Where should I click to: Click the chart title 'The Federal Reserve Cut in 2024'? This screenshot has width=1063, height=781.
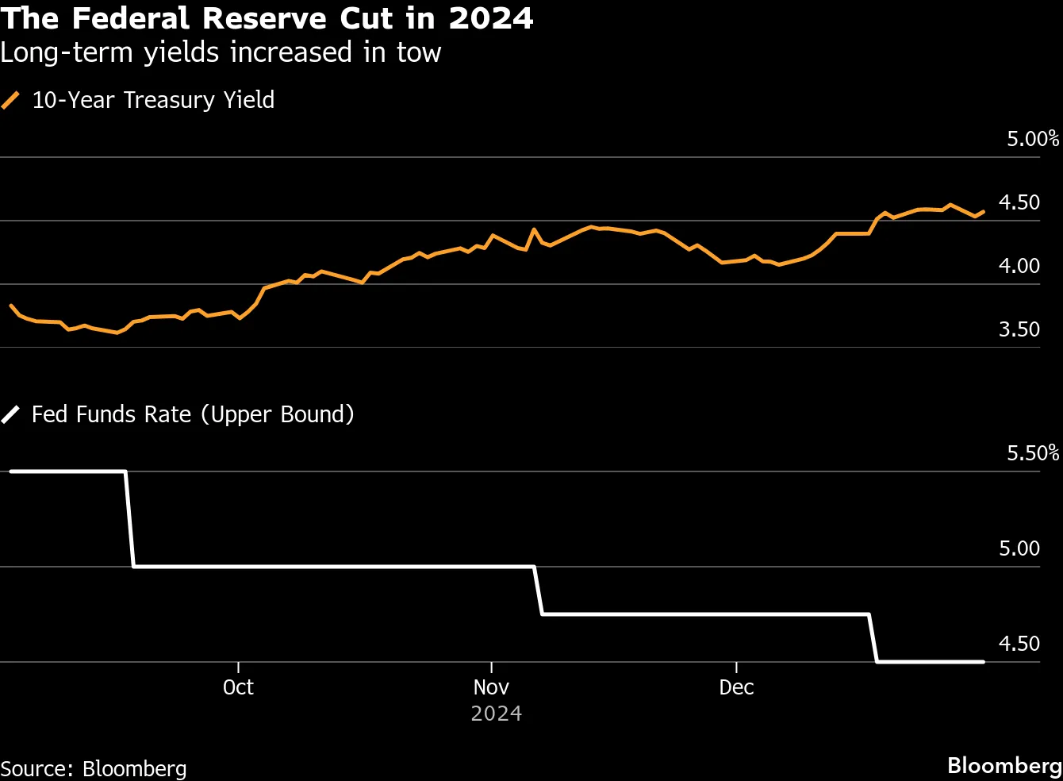tap(267, 17)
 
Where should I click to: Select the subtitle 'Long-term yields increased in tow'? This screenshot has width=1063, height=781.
tap(221, 52)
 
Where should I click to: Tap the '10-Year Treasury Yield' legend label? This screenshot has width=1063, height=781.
tap(153, 100)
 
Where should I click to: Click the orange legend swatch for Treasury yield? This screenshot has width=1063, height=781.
tap(11, 100)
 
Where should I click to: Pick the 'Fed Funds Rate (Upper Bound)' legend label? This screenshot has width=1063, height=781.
tap(193, 414)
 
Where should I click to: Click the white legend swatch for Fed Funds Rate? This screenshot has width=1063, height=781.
tap(11, 414)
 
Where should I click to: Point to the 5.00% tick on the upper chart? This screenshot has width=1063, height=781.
tap(1032, 139)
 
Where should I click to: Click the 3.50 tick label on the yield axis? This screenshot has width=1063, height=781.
tap(1019, 329)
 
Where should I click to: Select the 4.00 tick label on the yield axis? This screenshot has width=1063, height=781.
tap(1019, 266)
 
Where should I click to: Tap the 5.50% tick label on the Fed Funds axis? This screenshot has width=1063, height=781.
tap(1032, 453)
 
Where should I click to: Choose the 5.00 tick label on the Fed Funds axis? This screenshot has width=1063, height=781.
tap(1019, 548)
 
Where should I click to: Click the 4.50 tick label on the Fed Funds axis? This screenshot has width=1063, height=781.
tap(1019, 644)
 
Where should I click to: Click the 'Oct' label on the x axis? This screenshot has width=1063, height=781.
tap(238, 687)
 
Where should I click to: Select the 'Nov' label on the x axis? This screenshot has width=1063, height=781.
tap(491, 687)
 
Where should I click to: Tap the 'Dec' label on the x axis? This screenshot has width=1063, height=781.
tap(736, 687)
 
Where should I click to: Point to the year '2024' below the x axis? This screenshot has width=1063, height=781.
tap(496, 714)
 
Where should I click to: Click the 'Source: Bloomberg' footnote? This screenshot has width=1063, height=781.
tap(94, 768)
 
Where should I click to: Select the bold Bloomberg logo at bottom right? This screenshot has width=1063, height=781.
tap(1004, 765)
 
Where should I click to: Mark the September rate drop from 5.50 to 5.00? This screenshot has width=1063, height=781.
tap(129, 519)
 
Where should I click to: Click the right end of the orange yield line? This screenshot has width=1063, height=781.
tap(984, 212)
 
